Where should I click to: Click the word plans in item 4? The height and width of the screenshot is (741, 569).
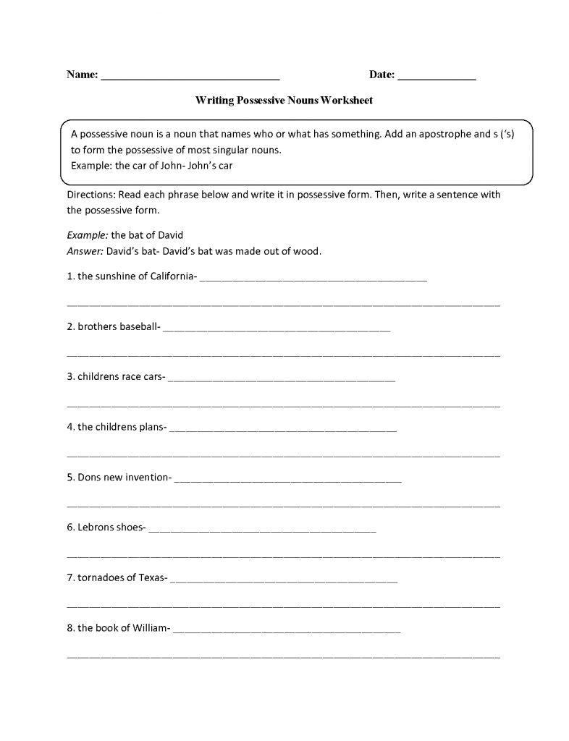151,427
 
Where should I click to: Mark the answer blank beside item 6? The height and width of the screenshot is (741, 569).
261,530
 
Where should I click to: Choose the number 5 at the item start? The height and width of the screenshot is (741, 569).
70,478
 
